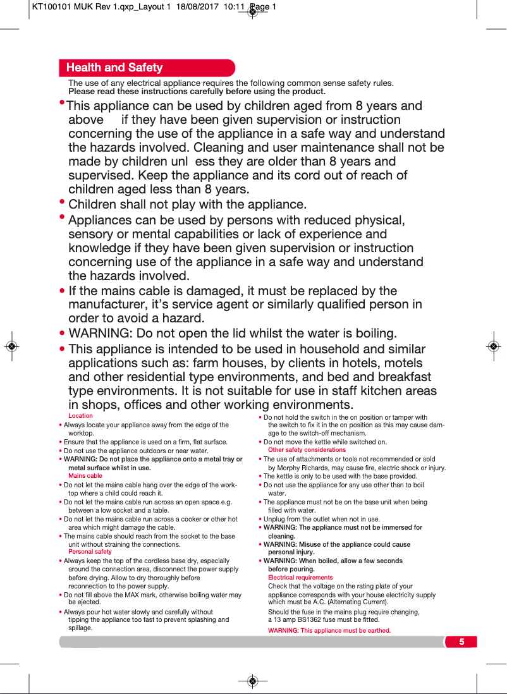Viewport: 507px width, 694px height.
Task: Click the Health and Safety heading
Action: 114,68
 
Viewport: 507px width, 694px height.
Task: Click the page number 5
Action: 461,642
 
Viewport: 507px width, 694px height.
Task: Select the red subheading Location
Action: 80,416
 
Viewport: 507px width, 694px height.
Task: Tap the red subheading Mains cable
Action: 85,475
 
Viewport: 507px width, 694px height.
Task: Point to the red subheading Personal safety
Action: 90,552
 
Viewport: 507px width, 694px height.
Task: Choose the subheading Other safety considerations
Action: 307,450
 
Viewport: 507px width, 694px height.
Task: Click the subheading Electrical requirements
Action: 300,578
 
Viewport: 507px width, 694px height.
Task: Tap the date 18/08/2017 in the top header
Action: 195,8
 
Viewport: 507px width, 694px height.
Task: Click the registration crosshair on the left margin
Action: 11,346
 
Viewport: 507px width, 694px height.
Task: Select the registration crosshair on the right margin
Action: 494,346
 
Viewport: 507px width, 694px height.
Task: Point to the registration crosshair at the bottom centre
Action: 252,681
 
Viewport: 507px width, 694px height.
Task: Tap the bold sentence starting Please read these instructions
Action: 197,92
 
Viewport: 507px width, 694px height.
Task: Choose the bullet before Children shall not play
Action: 62,203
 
